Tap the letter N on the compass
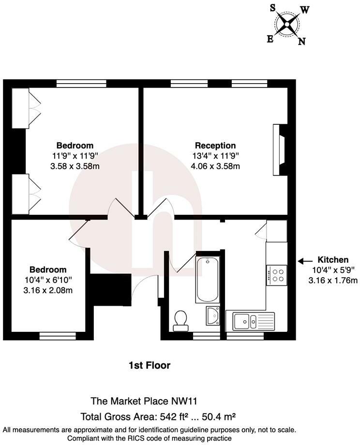tap(301, 42)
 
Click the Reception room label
tap(215, 146)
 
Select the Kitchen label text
tap(332, 260)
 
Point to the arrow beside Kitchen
tap(305, 261)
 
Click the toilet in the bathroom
tap(181, 320)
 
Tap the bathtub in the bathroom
tap(208, 279)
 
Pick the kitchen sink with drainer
tap(253, 320)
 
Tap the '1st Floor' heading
tap(150, 365)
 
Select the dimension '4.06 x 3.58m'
tap(215, 166)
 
